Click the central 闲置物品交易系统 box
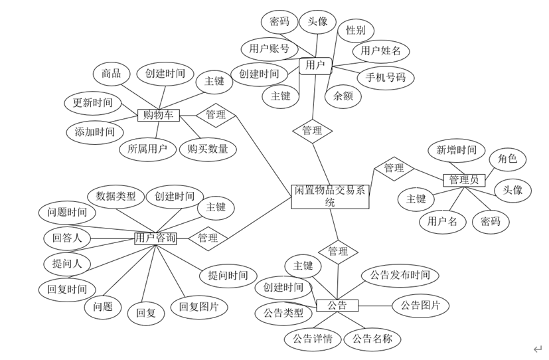pos(330,197)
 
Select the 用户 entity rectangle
pos(315,66)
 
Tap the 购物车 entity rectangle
pos(159,115)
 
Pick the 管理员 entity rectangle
pos(464,180)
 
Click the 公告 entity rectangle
pos(337,306)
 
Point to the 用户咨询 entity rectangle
pos(155,238)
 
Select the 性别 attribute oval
pos(355,31)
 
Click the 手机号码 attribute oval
pos(385,78)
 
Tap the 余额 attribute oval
pos(343,96)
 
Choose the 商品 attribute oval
pos(112,74)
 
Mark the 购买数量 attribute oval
pos(208,149)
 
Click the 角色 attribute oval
pos(507,159)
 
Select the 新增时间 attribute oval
pos(456,150)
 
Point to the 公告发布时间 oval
pos(400,275)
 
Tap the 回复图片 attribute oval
pos(199,308)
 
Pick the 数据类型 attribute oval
pos(116,197)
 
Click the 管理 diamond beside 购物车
pos(215,115)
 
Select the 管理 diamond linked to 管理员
pos(394,168)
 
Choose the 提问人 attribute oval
pos(67,264)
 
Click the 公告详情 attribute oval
pos(313,339)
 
